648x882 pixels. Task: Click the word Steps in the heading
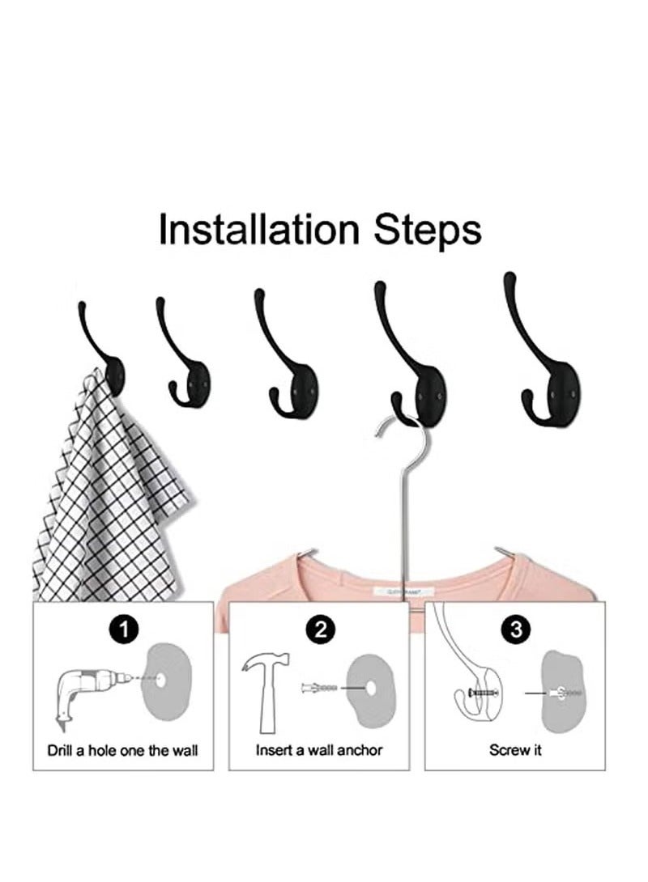[x=427, y=231]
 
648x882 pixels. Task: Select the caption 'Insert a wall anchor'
[x=319, y=750]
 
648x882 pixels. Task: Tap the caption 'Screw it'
[x=515, y=750]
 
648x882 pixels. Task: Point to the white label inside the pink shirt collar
[x=403, y=592]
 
